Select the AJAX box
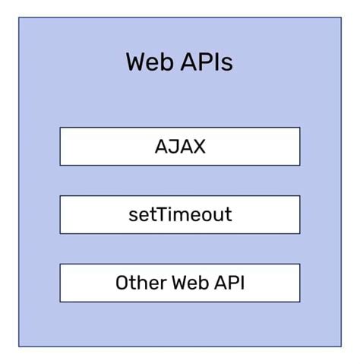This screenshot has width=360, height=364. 180,146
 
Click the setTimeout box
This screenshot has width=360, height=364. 180,214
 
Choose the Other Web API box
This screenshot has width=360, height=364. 180,283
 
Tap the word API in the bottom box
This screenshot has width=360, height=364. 229,283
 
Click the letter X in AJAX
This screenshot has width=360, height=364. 198,146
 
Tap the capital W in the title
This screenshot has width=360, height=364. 137,62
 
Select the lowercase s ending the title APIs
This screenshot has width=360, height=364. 227,63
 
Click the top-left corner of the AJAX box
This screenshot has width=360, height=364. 61,128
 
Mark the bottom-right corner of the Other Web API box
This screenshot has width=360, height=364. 299,301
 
